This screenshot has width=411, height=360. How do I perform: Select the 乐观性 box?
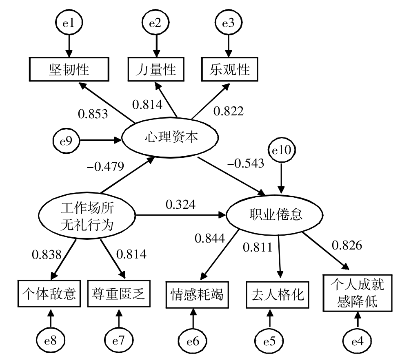pyautogui.click(x=231, y=70)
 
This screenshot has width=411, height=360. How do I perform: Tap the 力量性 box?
pyautogui.click(x=156, y=70)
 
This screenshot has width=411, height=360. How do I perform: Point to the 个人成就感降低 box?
pyautogui.click(x=358, y=292)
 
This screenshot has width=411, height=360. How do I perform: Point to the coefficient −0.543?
pyautogui.click(x=246, y=163)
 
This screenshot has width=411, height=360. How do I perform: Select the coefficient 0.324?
pyautogui.click(x=180, y=203)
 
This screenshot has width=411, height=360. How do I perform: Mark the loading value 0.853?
pyautogui.click(x=93, y=113)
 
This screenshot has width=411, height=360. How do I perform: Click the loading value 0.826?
pyautogui.click(x=347, y=245)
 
